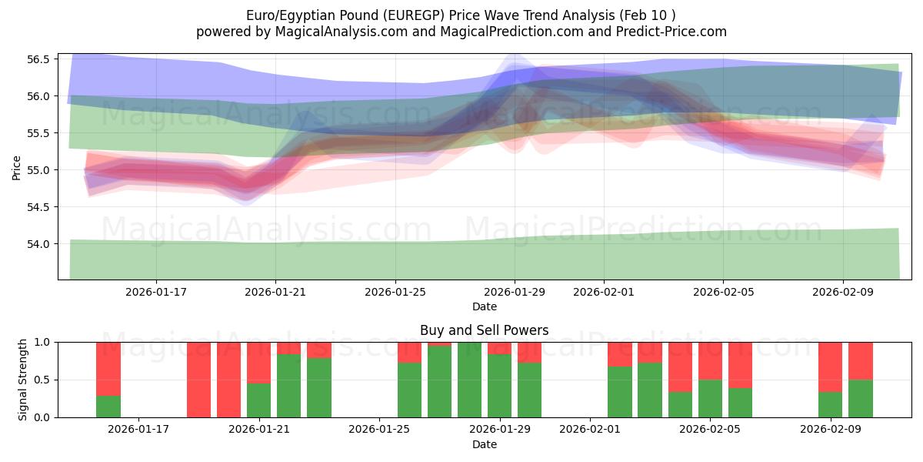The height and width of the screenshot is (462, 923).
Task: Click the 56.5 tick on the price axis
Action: pyautogui.click(x=39, y=59)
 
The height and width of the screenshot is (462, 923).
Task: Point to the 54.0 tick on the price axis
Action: pyautogui.click(x=39, y=244)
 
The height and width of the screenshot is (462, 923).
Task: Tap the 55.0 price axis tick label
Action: pyautogui.click(x=39, y=170)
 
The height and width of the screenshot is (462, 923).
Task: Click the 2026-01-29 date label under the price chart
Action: pyautogui.click(x=515, y=292)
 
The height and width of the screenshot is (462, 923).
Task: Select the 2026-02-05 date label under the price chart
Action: pyautogui.click(x=723, y=292)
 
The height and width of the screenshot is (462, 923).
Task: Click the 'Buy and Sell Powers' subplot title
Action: pyautogui.click(x=484, y=330)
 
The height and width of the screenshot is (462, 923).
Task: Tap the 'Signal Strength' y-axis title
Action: pyautogui.click(x=22, y=380)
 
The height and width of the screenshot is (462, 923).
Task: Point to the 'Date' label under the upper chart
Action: pyautogui.click(x=484, y=306)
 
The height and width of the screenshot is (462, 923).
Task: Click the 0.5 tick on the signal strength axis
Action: pyautogui.click(x=42, y=380)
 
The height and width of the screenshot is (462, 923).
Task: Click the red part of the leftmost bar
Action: pyautogui.click(x=108, y=368)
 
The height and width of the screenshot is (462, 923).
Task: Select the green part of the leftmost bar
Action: pyautogui.click(x=108, y=407)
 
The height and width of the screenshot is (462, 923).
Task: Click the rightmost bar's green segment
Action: pyautogui.click(x=861, y=399)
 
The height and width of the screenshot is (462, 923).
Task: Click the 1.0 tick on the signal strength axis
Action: pyautogui.click(x=42, y=342)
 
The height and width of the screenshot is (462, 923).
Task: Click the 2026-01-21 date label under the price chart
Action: pyautogui.click(x=275, y=292)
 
